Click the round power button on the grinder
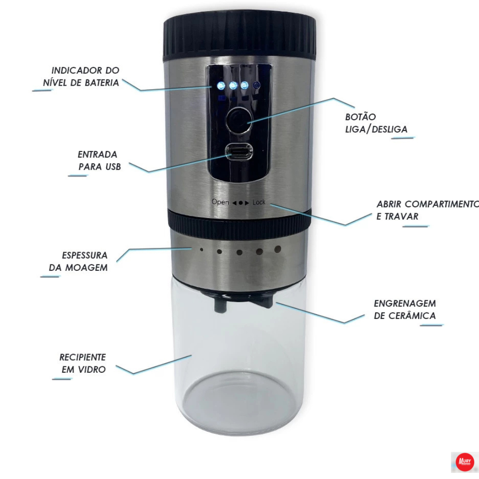coord(239,120)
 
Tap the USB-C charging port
coord(239,152)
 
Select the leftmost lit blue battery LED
coord(221,86)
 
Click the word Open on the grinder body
coord(220,202)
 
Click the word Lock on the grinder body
coord(259,202)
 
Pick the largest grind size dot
coord(277,250)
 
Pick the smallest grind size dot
coord(201,250)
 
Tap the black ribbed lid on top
coord(239,35)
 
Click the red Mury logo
coord(464,462)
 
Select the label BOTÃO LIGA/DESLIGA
coord(376,123)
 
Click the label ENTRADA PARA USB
coord(99,161)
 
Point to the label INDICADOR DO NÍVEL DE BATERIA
coord(81,77)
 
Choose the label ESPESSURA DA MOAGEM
coord(79,261)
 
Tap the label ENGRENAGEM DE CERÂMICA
coord(405,310)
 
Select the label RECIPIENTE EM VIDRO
coord(83,363)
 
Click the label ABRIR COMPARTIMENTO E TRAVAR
coord(428,210)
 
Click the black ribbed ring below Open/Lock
coord(239,225)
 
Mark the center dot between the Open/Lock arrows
coord(241,203)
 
